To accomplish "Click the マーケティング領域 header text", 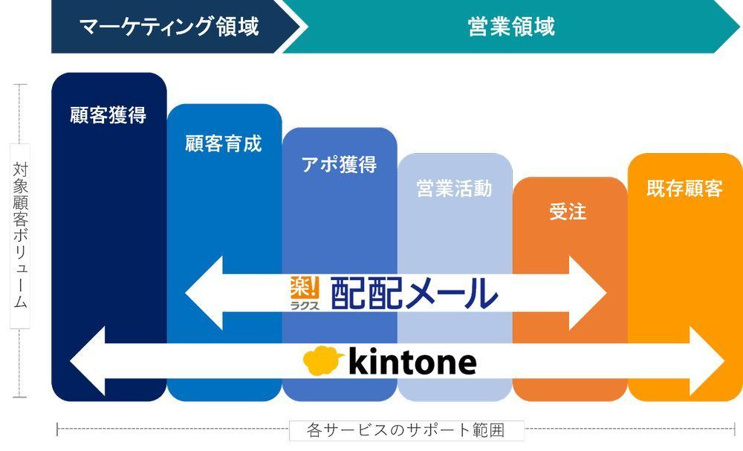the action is point(169,27).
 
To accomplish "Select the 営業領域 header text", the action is point(511,27).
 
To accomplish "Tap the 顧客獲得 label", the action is point(108,115).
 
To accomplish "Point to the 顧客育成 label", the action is point(223,143).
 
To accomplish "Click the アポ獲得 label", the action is point(340,164).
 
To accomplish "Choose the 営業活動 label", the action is point(454,188).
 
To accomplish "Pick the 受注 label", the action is point(568,212).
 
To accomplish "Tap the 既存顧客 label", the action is point(685,188).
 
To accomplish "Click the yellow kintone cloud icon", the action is point(322,360).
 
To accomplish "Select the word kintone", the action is point(412,361).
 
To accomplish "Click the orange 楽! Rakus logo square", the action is point(305,288).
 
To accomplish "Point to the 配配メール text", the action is point(414,293).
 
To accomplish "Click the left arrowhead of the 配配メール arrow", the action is point(204,293).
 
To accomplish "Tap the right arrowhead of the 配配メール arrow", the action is point(588,293).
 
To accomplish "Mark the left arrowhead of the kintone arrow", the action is point(87,361).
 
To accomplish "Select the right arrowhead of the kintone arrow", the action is point(707,361).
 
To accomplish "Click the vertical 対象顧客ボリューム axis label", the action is point(20,236).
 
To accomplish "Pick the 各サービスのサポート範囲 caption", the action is point(406,430).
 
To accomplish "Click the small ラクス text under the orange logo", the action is point(305,305).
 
